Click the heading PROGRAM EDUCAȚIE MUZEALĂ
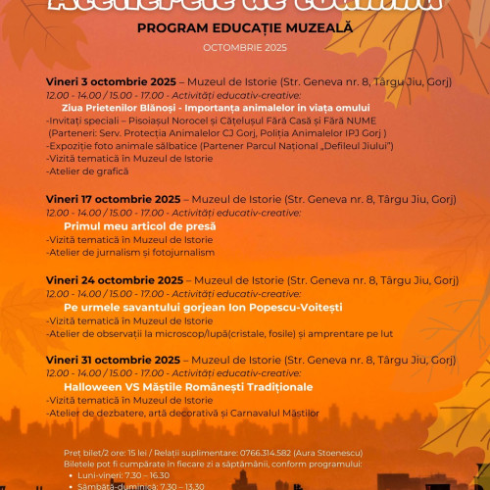tap(244, 29)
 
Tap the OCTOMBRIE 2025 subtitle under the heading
tap(244, 47)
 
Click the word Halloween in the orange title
tap(93, 387)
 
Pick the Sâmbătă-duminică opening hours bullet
tap(157, 485)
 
